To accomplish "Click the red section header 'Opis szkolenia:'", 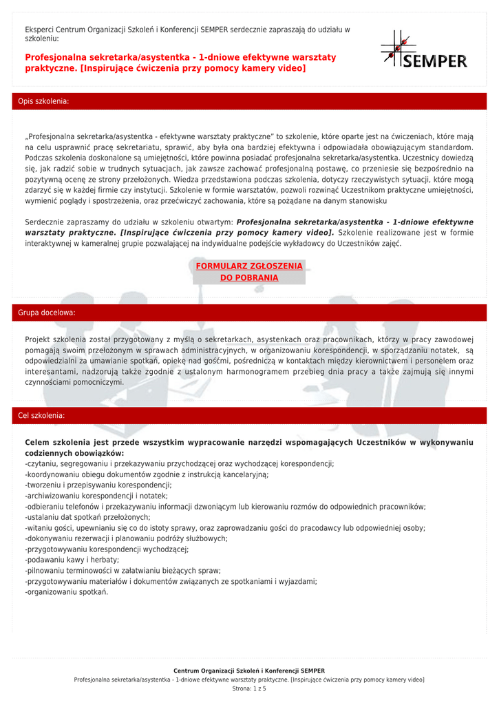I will point(43,101).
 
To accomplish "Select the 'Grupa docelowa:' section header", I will point(47,313).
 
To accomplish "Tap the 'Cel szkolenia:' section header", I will point(41,416).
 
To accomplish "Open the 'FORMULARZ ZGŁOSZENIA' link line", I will point(249,266).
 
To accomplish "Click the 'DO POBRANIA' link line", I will point(249,278).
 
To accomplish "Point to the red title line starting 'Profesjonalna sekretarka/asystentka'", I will point(180,57).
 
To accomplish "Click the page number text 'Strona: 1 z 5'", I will point(249,688).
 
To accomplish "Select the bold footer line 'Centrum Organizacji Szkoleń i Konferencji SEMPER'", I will point(249,671).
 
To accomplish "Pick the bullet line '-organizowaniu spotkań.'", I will point(67,591).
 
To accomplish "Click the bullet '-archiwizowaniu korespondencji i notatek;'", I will point(96,496).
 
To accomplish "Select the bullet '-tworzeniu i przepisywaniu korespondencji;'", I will point(98,485).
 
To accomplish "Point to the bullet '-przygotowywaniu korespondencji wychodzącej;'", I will point(107,549).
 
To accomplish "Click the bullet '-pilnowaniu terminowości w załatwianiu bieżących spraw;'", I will point(123,570).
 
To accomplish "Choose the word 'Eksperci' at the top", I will point(39,30).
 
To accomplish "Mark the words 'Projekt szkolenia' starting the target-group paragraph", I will point(56,339).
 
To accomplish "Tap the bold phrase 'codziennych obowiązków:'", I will point(74,453).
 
